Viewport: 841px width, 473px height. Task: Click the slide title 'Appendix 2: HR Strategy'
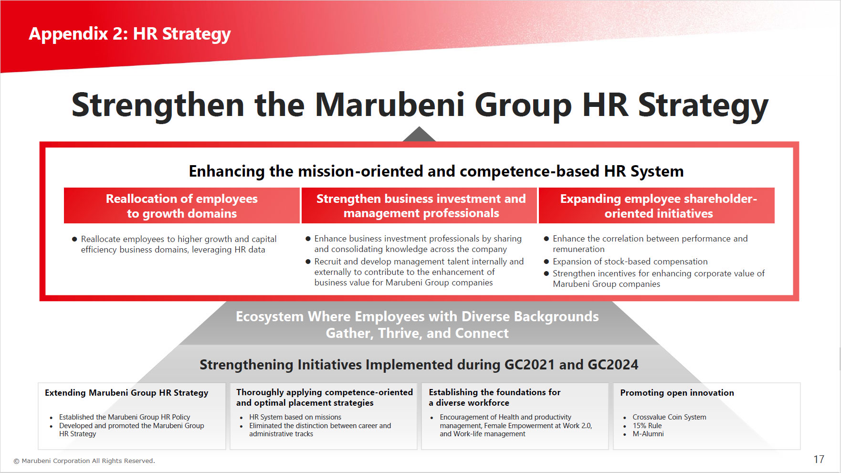130,34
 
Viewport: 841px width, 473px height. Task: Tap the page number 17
819,459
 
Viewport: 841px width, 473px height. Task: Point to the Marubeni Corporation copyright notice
84,461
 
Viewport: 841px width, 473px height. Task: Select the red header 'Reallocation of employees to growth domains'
182,206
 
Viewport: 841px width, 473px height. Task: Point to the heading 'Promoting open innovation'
677,393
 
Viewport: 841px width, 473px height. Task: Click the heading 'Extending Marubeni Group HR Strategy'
126,393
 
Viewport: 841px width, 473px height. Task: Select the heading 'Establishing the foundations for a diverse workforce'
494,397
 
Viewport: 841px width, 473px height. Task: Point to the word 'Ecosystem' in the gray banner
270,317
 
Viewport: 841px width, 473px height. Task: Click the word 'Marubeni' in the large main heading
389,105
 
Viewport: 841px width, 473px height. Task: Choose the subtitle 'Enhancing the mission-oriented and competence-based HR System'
436,171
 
